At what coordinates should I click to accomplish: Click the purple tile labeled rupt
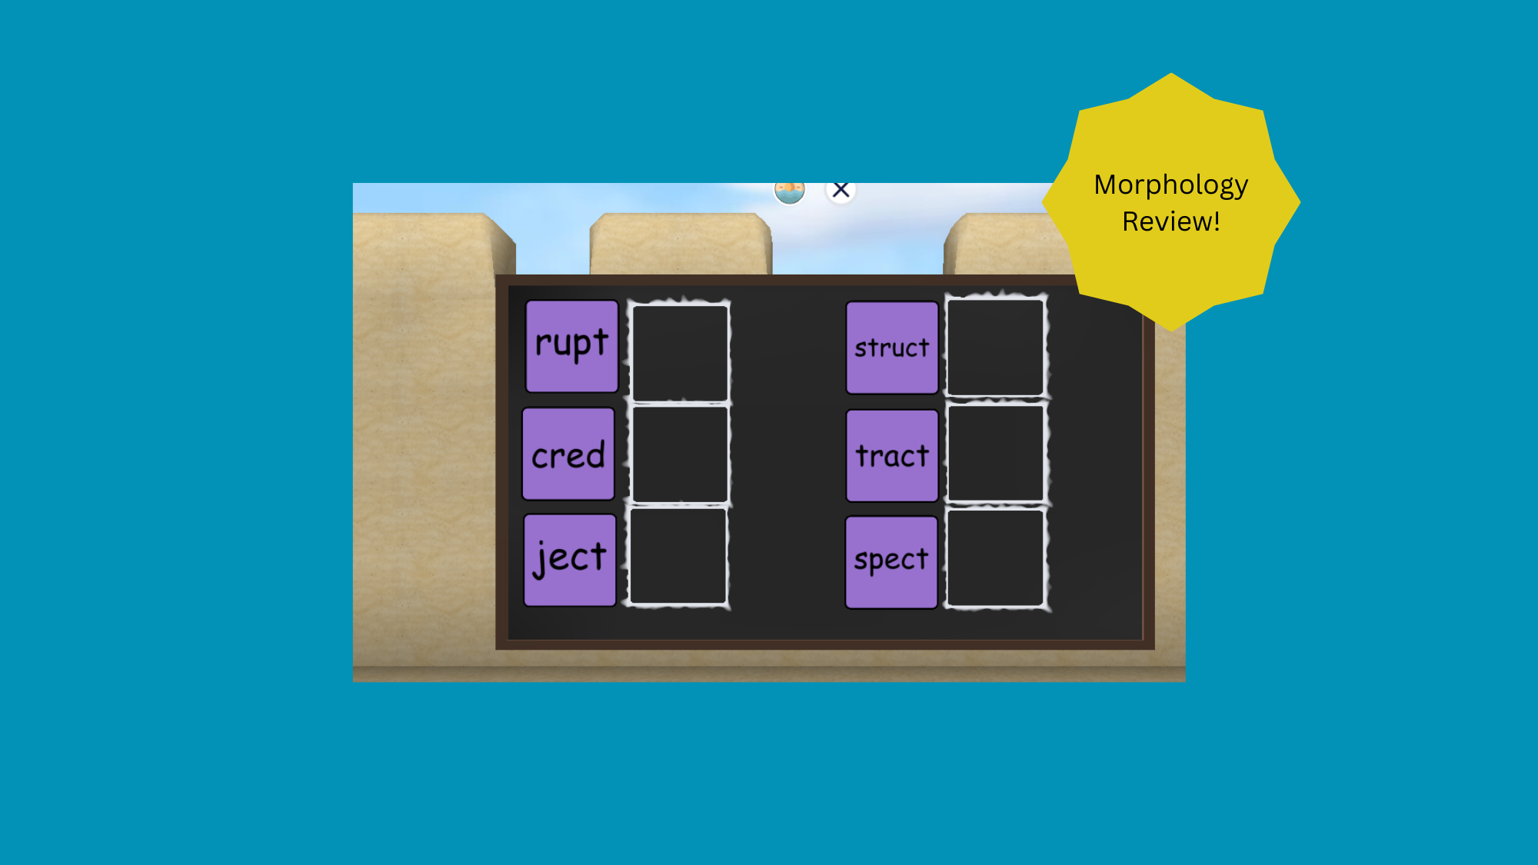[571, 346]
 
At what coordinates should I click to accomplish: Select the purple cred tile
[568, 454]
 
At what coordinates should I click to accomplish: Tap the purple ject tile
[570, 561]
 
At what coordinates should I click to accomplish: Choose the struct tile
[892, 348]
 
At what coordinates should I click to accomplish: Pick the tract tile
[892, 456]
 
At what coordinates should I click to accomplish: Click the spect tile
[891, 562]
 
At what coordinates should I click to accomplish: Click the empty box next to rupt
[680, 352]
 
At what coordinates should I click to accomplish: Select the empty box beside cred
[680, 454]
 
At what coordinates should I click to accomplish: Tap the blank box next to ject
[678, 556]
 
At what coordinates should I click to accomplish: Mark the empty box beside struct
[995, 348]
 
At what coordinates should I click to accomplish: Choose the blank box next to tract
[995, 454]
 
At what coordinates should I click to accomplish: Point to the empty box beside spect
[995, 558]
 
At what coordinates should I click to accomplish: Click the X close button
[841, 190]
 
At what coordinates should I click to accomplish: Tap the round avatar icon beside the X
[789, 191]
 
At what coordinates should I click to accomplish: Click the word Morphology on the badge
[1170, 185]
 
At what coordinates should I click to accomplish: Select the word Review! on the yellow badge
[1170, 221]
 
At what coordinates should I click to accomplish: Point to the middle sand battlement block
[681, 243]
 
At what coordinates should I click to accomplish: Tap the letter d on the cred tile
[593, 454]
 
